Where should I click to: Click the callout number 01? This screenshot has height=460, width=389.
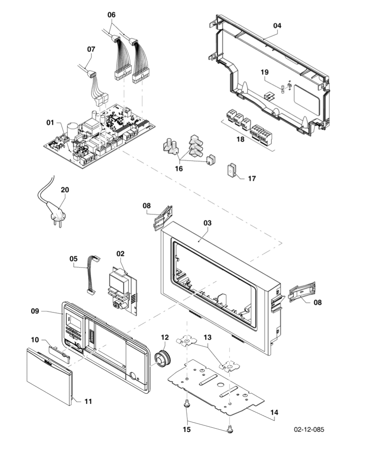[x=50, y=122]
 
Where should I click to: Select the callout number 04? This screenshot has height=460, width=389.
[x=277, y=26]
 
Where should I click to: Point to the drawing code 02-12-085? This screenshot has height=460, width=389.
[x=309, y=429]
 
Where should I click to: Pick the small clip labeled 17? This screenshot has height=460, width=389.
[x=232, y=171]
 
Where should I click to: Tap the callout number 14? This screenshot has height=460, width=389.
[x=274, y=412]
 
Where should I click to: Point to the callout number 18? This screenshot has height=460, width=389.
[x=240, y=140]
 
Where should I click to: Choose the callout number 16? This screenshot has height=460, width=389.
[x=179, y=169]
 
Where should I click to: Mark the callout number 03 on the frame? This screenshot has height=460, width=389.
[x=207, y=223]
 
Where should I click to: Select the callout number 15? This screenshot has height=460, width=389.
[x=187, y=429]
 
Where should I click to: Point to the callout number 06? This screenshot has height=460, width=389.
[x=111, y=14]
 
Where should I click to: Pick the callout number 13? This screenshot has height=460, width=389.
[x=207, y=337]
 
